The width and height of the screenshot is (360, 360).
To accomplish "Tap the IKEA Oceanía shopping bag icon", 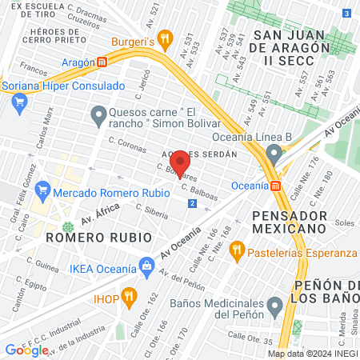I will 146,265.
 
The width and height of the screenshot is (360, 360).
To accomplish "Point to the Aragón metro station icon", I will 102,62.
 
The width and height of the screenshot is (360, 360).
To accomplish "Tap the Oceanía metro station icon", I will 276,186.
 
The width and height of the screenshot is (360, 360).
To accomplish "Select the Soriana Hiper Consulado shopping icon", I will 20,102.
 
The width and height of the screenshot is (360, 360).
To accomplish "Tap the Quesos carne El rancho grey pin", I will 98,117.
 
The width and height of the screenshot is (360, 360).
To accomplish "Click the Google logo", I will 26,350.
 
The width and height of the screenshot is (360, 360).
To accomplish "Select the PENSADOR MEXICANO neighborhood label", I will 278,225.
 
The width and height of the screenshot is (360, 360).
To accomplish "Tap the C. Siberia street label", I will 151,210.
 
